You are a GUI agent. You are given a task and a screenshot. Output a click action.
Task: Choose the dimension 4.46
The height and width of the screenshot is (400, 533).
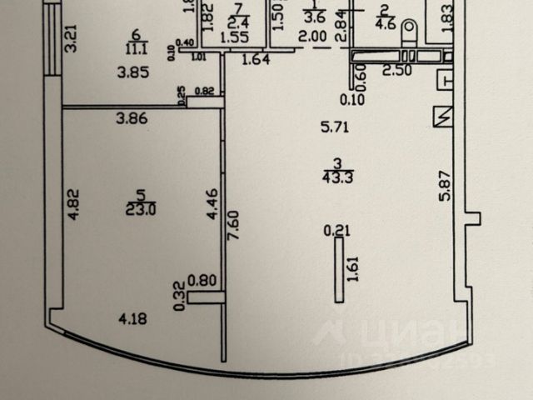(214, 204)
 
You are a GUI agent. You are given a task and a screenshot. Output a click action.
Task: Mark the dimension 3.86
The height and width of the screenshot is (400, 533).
(131, 118)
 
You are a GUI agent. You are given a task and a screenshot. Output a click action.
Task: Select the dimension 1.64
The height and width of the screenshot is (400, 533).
(256, 58)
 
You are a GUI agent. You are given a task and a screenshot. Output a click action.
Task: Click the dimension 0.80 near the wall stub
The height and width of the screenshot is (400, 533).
(202, 281)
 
